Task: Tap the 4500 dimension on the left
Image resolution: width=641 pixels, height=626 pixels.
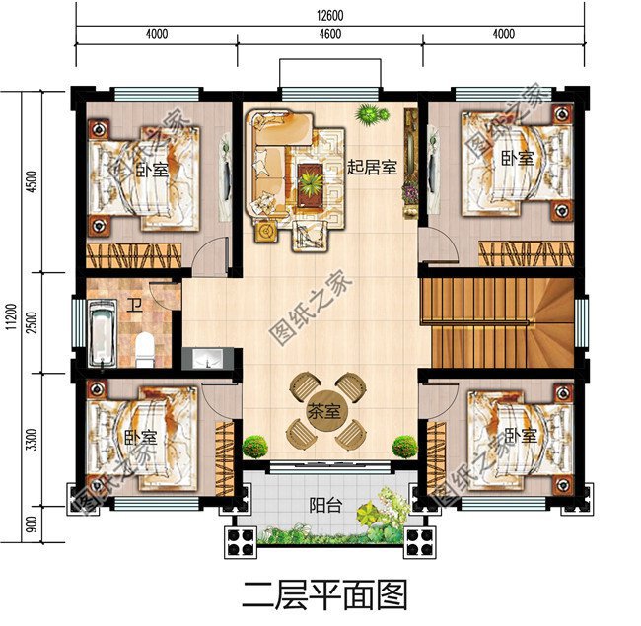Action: (32, 183)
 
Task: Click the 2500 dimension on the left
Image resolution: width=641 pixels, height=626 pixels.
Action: (32, 323)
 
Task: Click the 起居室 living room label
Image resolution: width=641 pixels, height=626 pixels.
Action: (371, 168)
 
